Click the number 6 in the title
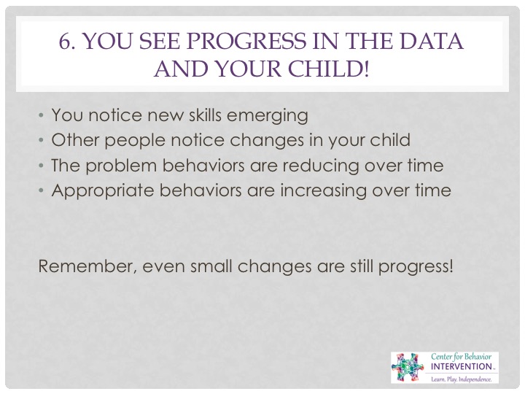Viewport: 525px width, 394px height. (x=65, y=41)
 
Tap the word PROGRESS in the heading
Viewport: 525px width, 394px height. (x=246, y=41)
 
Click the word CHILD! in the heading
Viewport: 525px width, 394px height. (x=328, y=69)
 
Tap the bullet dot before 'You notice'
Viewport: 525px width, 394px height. (x=41, y=115)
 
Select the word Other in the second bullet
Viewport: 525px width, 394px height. (x=75, y=139)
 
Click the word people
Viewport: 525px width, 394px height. (x=135, y=141)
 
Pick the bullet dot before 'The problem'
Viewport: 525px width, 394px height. (x=41, y=166)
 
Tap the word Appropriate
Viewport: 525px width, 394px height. (x=103, y=191)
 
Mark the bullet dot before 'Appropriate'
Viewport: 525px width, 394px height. (x=41, y=191)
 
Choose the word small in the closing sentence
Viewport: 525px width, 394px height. (x=211, y=266)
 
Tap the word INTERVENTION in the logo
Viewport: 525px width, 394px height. (x=461, y=366)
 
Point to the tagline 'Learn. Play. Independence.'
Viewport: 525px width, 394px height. (x=462, y=379)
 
